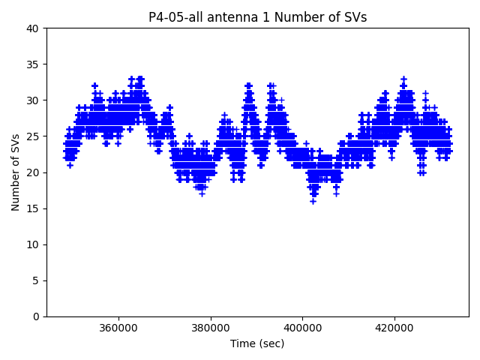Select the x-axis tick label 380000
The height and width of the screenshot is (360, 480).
tap(210, 328)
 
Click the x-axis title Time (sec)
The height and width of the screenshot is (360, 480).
tap(257, 343)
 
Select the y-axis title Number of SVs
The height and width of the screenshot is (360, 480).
tap(16, 172)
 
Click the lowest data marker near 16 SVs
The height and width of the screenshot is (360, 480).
tap(313, 201)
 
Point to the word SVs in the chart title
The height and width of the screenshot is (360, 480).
tap(355, 17)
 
